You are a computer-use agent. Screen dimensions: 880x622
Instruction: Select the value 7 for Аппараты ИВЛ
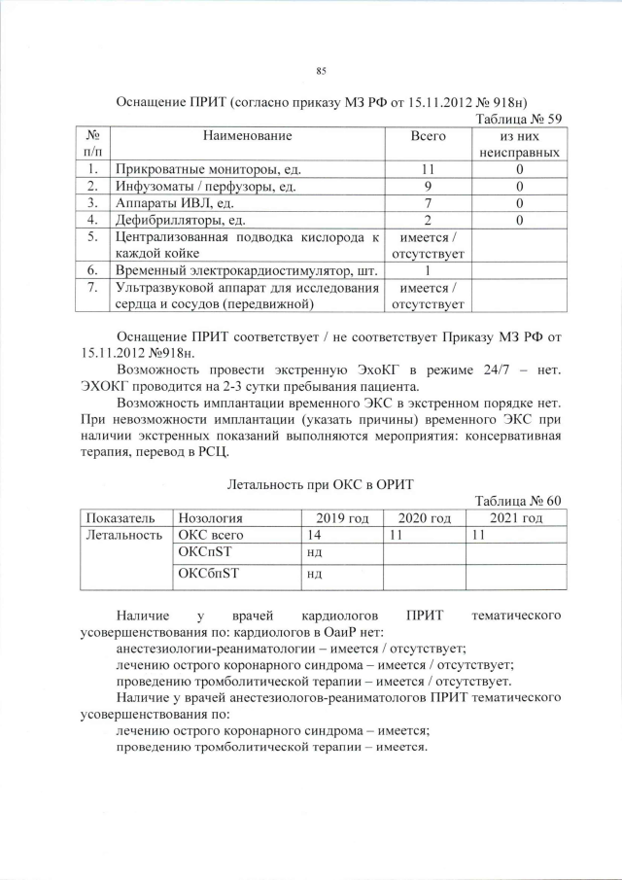tap(429, 203)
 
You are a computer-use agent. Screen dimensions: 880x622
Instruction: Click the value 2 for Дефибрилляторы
tap(429, 221)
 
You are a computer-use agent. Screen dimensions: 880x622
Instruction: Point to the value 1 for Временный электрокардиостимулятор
tap(429, 271)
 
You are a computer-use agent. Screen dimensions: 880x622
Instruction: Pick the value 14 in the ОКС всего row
tap(314, 535)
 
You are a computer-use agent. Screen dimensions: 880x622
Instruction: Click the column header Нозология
tap(209, 517)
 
